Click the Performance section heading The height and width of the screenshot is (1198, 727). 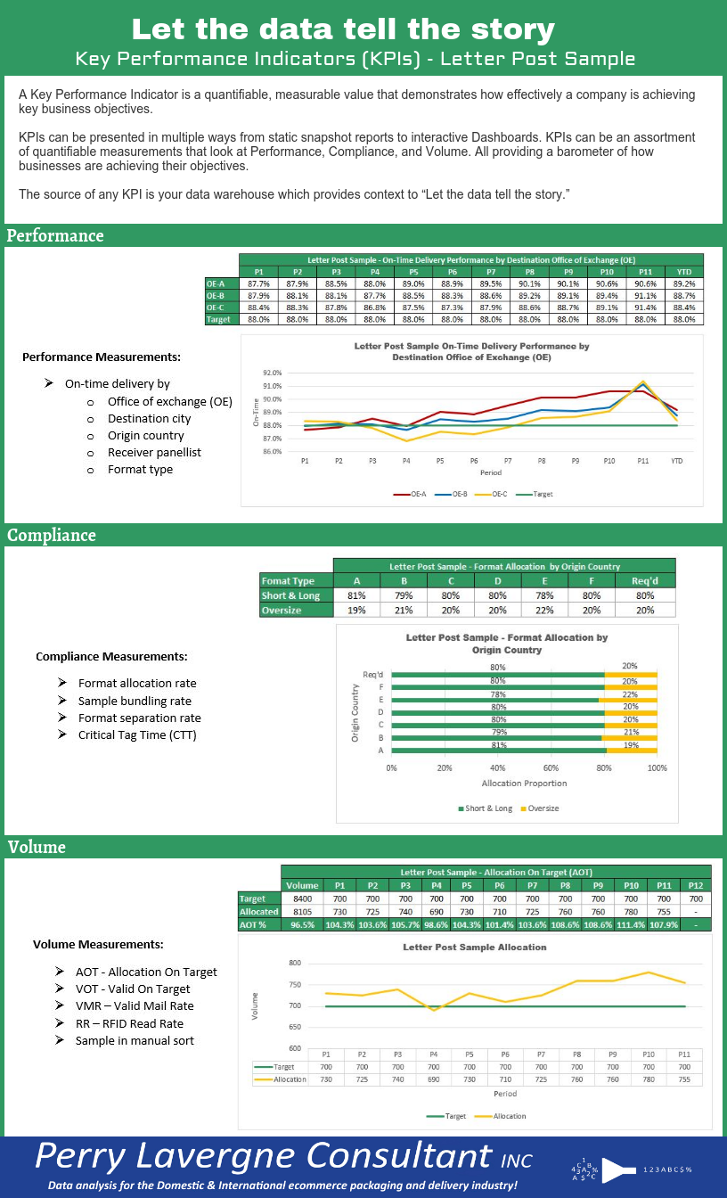55,235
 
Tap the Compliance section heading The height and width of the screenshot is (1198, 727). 52,535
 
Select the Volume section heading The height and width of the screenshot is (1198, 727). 37,846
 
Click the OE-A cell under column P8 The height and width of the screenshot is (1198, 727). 529,283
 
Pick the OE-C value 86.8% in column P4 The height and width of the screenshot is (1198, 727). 374,308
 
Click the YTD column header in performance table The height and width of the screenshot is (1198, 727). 684,272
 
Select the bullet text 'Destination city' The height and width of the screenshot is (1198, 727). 150,418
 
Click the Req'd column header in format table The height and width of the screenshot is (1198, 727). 644,580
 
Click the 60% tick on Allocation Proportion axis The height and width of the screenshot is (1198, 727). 551,767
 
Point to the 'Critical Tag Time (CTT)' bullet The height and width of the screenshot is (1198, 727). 137,734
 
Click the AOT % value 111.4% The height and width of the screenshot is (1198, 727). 631,925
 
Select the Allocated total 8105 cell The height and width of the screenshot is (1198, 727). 302,912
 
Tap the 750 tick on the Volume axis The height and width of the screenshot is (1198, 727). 295,984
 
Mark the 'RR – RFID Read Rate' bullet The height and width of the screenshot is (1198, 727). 129,1023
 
